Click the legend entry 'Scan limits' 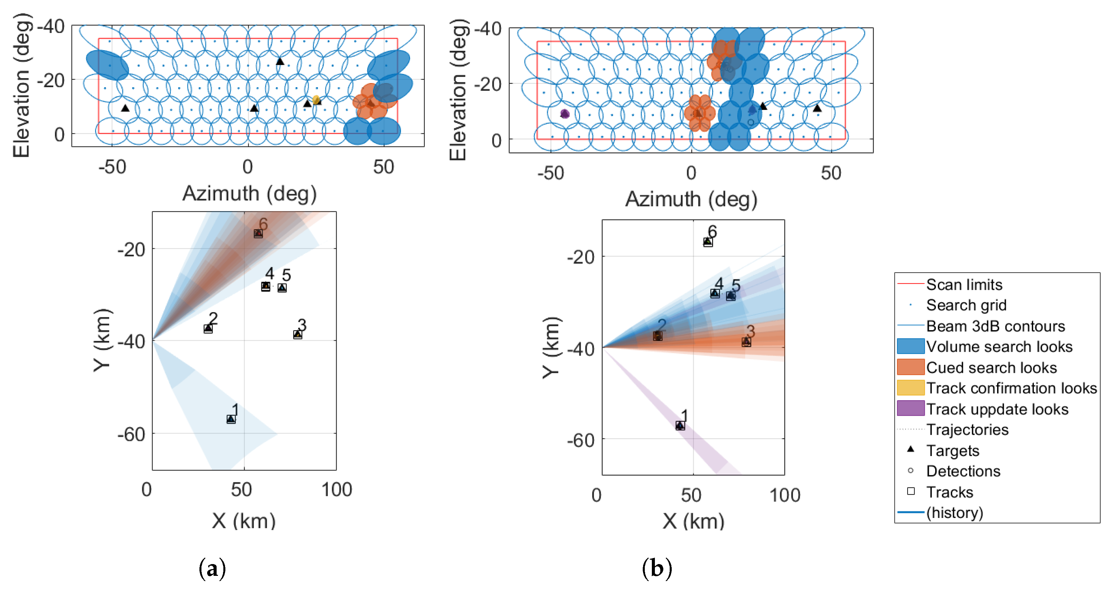pyautogui.click(x=964, y=285)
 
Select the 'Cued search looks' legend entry pyautogui.click(x=991, y=368)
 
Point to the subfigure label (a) pyautogui.click(x=212, y=569)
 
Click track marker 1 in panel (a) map pyautogui.click(x=231, y=419)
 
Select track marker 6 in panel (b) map pyautogui.click(x=707, y=242)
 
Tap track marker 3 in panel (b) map pyautogui.click(x=746, y=342)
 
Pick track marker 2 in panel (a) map pyautogui.click(x=208, y=329)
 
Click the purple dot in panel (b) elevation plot pyautogui.click(x=565, y=114)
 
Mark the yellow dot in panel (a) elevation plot pyautogui.click(x=316, y=100)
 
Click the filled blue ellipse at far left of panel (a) pyautogui.click(x=107, y=65)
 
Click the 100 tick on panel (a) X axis pyautogui.click(x=337, y=490)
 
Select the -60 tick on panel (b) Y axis pyautogui.click(x=580, y=440)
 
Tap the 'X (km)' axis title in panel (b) pyautogui.click(x=693, y=521)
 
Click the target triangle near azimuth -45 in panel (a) pyautogui.click(x=125, y=108)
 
